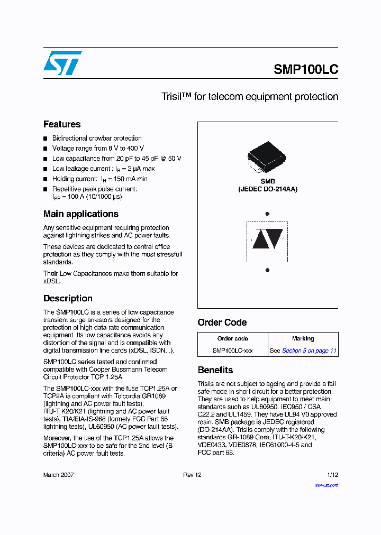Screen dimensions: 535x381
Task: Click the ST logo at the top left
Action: click(62, 63)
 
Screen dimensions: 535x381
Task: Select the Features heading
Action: click(62, 124)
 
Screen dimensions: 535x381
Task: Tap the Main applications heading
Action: click(80, 214)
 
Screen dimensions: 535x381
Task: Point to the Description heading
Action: click(68, 298)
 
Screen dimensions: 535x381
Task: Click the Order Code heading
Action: click(222, 322)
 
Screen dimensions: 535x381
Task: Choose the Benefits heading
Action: click(215, 370)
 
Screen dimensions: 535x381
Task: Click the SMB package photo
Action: click(267, 157)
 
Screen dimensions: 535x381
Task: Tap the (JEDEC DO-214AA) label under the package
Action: click(267, 189)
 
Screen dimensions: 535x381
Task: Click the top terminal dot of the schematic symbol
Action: click(267, 214)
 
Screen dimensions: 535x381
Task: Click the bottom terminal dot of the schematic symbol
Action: click(267, 270)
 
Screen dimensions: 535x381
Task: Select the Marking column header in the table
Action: click(303, 339)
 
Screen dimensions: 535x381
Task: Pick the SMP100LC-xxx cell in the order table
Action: click(233, 350)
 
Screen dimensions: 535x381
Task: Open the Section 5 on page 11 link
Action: click(309, 350)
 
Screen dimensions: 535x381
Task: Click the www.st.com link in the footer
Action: click(326, 485)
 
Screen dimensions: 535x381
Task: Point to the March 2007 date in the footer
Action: click(59, 475)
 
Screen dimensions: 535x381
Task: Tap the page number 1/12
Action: click(332, 475)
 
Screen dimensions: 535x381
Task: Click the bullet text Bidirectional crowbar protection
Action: click(97, 138)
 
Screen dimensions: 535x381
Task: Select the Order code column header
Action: click(233, 339)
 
